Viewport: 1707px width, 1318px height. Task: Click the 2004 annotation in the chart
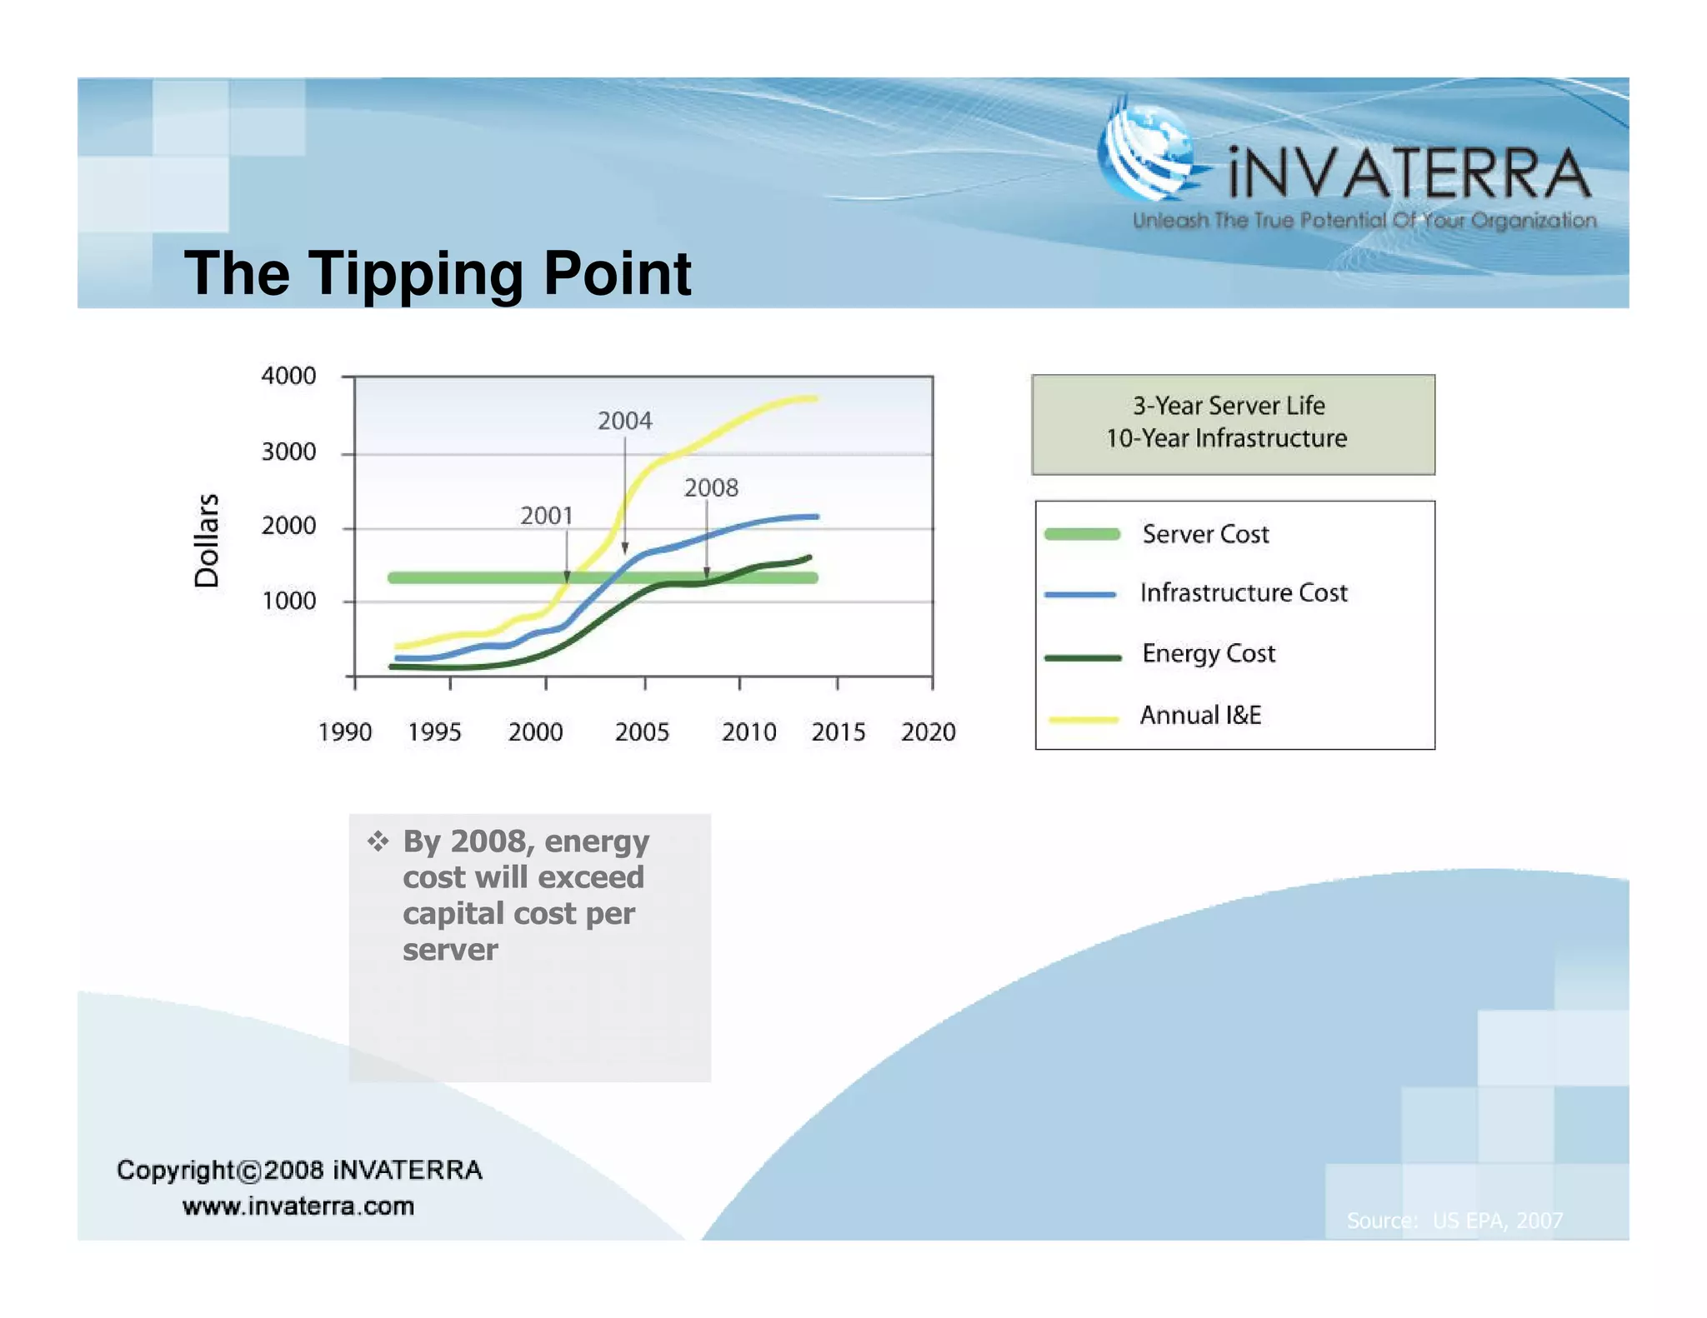[x=624, y=421]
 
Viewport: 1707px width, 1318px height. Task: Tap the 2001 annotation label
[x=547, y=516]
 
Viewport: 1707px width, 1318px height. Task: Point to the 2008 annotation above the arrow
[x=711, y=487]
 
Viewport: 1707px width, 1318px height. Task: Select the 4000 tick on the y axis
[x=288, y=376]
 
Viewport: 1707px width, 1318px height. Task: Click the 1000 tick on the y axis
[x=288, y=601]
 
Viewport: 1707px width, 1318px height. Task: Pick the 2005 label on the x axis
[x=642, y=732]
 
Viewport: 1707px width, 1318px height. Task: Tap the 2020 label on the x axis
[x=928, y=732]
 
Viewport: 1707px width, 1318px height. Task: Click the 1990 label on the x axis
[x=345, y=732]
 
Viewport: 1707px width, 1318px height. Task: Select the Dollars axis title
[x=207, y=540]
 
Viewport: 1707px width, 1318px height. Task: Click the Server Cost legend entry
[x=1204, y=534]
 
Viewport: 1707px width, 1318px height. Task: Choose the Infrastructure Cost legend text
[x=1243, y=592]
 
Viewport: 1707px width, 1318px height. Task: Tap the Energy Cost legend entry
[x=1208, y=653]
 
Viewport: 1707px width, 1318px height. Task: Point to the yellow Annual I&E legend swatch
[x=1083, y=718]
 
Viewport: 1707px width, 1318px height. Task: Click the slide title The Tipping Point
[x=437, y=273]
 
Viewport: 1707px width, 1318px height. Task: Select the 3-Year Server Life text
[x=1228, y=406]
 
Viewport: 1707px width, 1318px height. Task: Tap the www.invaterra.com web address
[x=298, y=1206]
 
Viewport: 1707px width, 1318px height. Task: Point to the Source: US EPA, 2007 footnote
[x=1454, y=1221]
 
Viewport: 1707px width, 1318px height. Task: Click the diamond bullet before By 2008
[x=378, y=841]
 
